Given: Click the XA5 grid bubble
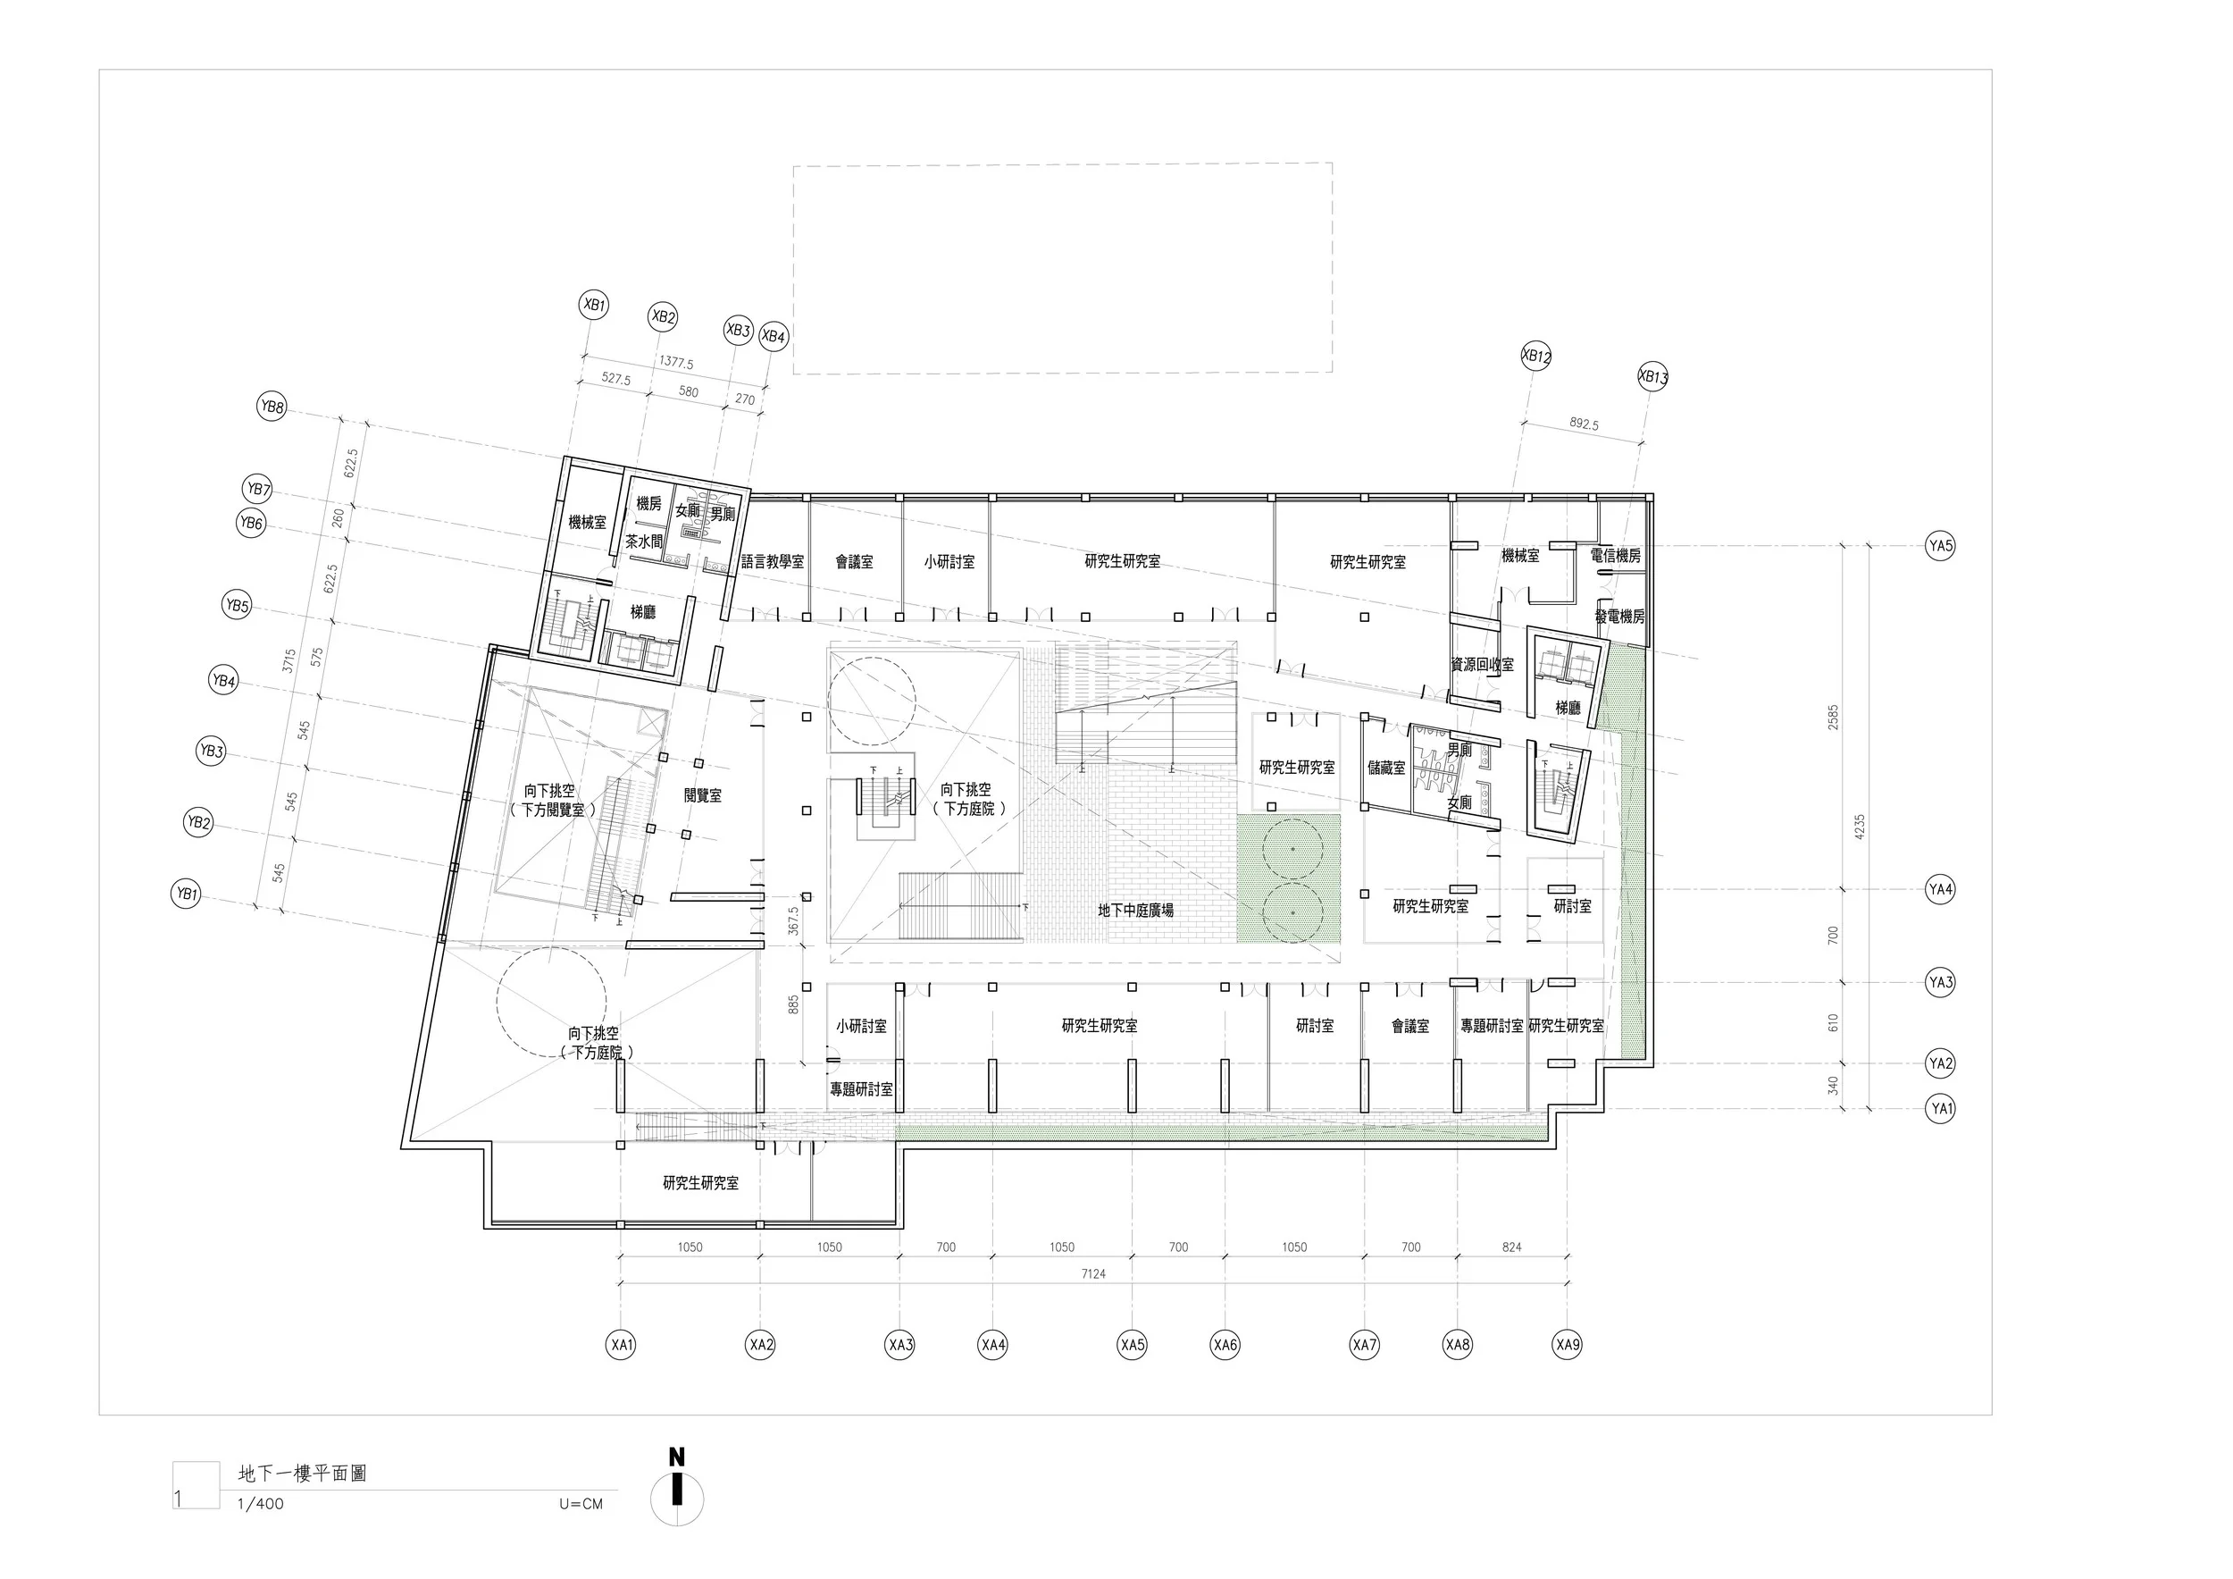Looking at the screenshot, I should point(1132,1346).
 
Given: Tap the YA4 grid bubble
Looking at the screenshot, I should point(1940,889).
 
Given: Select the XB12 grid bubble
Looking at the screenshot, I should point(1535,357).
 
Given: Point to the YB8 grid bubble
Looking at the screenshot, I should point(272,407).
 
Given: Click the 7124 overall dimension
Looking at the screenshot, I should point(1093,1273).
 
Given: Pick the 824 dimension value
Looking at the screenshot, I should point(1511,1247).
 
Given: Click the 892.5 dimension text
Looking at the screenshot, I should point(1584,424).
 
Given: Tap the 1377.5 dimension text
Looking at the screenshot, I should point(676,363).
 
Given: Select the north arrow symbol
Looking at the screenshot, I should point(677,1498).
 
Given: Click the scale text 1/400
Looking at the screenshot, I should point(261,1504).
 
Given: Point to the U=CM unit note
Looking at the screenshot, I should point(581,1504).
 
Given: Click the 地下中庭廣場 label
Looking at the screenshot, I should point(1135,911).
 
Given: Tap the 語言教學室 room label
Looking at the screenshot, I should point(773,562).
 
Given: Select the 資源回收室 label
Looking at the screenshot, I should point(1482,665).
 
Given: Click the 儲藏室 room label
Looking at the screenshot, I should point(1386,768).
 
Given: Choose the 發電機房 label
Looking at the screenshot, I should point(1619,617).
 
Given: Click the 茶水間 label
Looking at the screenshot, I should point(643,542).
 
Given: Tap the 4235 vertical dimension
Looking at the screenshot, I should point(1860,827).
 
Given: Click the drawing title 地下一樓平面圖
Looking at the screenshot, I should point(303,1473).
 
